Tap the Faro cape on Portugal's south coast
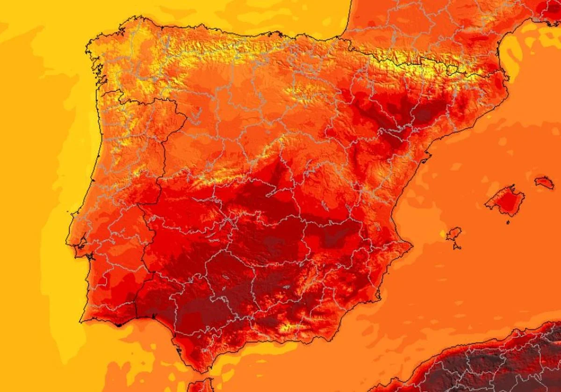117,324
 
